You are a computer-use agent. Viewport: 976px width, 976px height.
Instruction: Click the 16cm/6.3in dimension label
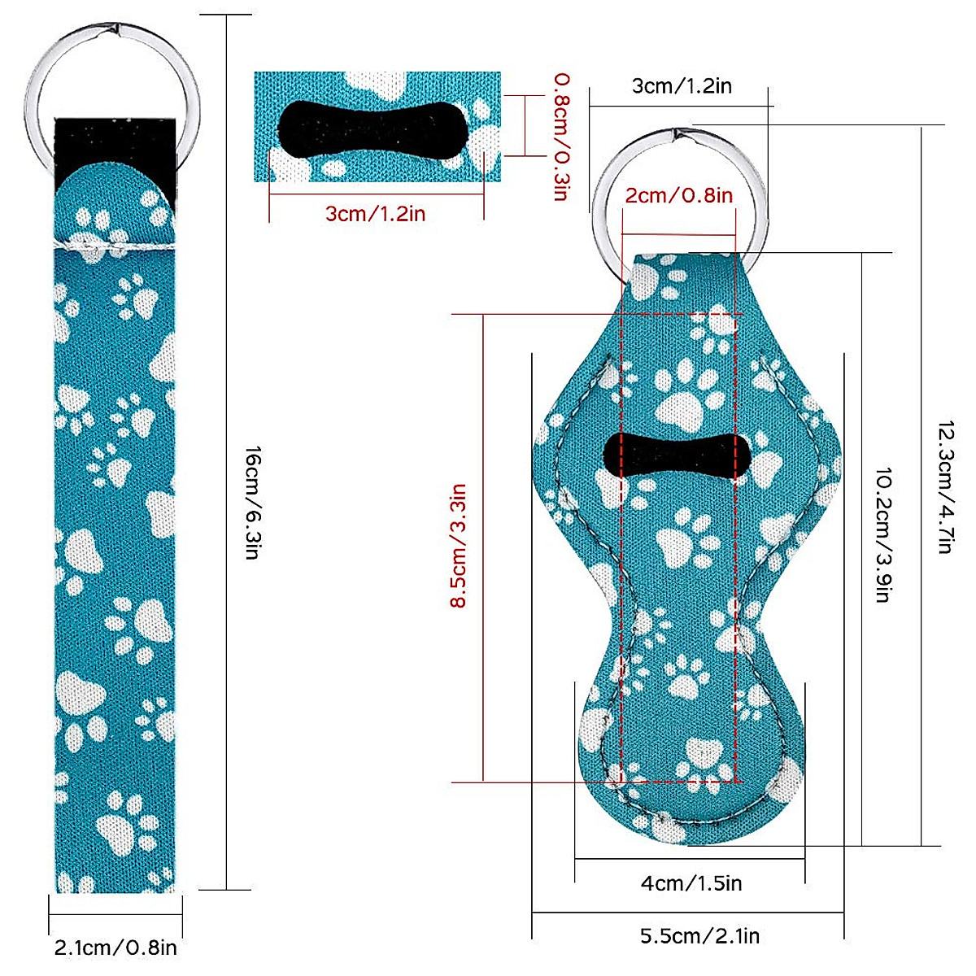click(253, 503)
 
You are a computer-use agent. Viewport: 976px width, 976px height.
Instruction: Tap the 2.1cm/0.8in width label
click(115, 948)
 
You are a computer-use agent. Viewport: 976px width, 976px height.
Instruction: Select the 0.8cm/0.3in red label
click(562, 137)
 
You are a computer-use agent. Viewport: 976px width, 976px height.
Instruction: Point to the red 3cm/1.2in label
click(375, 213)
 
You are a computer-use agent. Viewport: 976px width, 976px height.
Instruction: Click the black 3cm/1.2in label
click(682, 85)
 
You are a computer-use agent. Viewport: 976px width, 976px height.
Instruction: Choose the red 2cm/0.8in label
click(678, 195)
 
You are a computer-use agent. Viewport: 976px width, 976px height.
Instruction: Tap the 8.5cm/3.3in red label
click(458, 546)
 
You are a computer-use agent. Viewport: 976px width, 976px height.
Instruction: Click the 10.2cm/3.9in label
click(883, 535)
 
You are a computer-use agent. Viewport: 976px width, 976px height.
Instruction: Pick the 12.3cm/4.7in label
click(945, 486)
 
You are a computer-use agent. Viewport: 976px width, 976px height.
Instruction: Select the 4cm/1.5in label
click(691, 883)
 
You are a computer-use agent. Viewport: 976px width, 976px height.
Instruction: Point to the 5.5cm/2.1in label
click(700, 936)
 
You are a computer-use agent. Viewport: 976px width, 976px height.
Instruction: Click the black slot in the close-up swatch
click(373, 129)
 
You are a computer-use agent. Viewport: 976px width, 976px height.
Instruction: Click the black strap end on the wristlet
click(115, 147)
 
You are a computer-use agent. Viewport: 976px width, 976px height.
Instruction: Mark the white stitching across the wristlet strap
click(114, 246)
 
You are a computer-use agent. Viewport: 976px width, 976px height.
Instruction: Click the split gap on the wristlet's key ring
click(115, 28)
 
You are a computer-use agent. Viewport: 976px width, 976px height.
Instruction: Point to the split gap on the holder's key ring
click(681, 134)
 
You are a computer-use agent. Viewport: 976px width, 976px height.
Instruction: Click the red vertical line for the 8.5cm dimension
click(483, 548)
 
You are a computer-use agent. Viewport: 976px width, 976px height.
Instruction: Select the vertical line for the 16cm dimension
click(226, 451)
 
